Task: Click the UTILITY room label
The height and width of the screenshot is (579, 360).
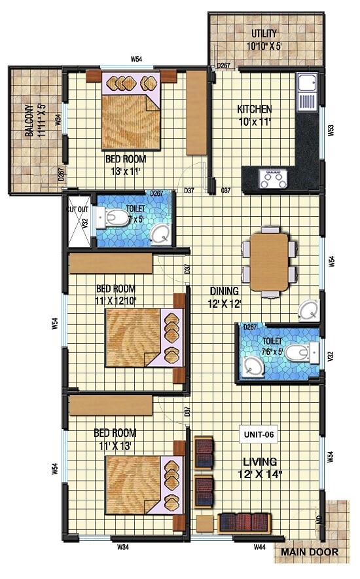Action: tap(264, 33)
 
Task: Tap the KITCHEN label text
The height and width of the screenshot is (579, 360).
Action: tap(254, 109)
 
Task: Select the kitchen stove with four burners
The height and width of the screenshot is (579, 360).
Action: tap(272, 177)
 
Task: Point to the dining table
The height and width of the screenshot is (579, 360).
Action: tap(269, 261)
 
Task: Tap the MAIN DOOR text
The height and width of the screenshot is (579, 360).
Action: tap(310, 552)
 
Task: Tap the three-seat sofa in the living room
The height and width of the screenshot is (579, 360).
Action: tap(244, 522)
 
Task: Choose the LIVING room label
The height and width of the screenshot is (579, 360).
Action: tap(259, 462)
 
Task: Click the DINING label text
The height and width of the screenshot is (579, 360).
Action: tap(224, 291)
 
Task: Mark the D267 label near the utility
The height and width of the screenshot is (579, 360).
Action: tap(224, 65)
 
